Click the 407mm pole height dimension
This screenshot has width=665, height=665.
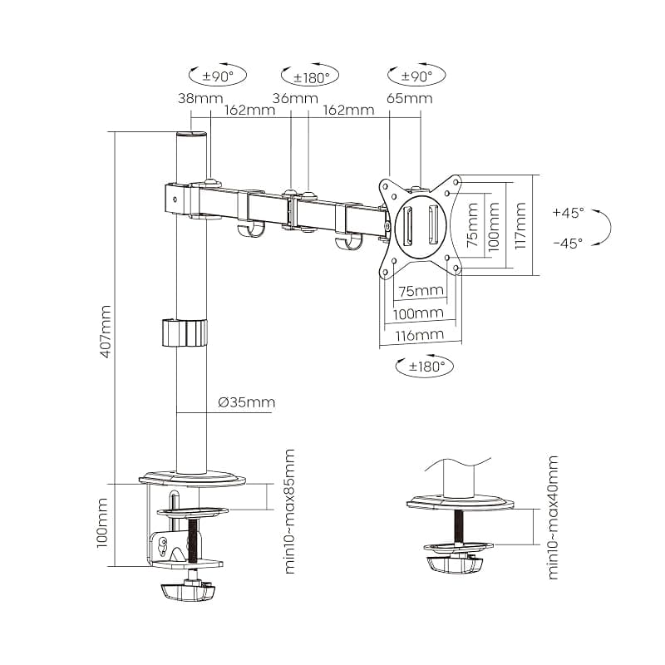[106, 331]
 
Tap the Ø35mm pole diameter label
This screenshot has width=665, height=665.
[247, 401]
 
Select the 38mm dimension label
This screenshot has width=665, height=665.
[200, 99]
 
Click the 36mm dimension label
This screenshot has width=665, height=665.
[295, 99]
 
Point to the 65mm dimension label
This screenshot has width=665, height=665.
[410, 99]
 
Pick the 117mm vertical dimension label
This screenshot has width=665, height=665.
[520, 225]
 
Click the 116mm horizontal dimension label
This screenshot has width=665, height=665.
[420, 336]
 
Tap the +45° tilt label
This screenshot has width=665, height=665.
[569, 212]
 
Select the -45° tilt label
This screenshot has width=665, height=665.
[569, 244]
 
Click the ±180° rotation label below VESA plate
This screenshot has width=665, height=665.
[426, 366]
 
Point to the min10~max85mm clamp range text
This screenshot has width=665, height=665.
[289, 512]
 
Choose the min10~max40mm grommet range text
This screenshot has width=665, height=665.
[553, 517]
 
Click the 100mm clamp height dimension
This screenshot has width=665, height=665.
[101, 524]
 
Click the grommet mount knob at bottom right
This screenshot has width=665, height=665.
[455, 565]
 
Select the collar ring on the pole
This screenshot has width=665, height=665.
[185, 333]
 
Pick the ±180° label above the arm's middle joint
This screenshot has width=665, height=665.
[312, 78]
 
